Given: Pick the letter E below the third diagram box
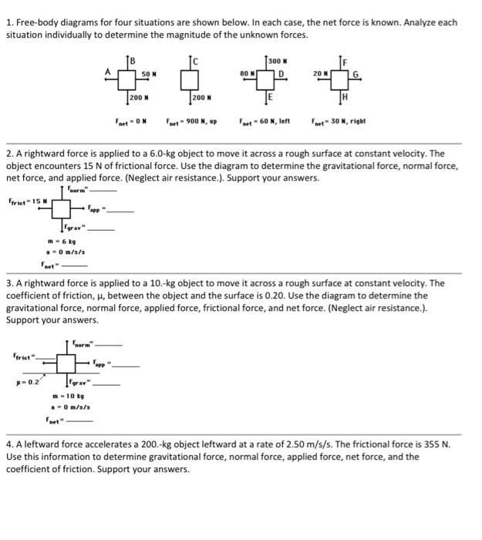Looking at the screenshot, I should tap(269, 98).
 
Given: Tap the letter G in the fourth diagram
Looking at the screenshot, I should tap(355, 75).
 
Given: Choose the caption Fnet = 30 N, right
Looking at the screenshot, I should tap(338, 121).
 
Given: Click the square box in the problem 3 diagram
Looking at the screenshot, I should tap(66, 362).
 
